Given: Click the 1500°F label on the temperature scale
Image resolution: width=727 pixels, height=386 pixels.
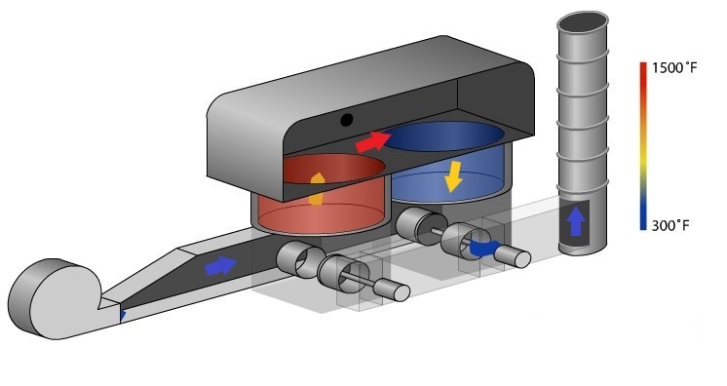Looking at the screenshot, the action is pos(674,67).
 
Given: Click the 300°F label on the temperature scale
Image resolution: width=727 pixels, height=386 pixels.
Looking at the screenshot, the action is pos(670,226).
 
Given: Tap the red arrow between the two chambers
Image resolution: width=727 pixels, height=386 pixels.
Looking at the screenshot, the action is pos(373,141).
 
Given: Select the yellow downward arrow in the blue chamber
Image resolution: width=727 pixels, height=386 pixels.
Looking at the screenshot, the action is pos(453,176).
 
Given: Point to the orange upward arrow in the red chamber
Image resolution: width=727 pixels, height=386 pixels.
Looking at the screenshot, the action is pos(316,189).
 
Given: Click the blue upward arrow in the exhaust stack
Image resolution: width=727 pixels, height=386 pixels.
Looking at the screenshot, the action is pos(575,222).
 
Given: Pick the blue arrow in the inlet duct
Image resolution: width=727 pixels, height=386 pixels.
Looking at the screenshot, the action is pos(220,266).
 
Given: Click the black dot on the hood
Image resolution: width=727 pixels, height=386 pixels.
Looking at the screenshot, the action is pos(346,120).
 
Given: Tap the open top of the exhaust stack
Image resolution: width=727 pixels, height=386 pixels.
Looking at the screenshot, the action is pos(583,23).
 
